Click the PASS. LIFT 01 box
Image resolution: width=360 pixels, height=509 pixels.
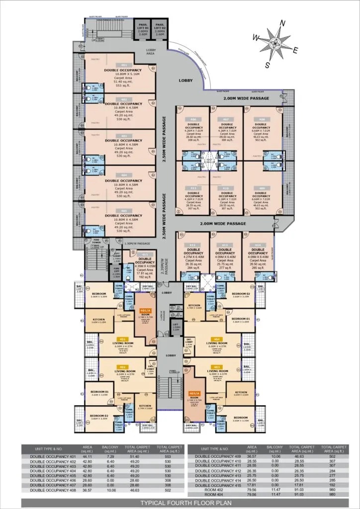click(143, 29)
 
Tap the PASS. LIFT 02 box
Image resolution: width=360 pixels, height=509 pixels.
click(160, 29)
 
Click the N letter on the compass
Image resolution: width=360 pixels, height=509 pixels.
click(282, 23)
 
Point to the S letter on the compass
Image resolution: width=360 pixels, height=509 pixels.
click(268, 65)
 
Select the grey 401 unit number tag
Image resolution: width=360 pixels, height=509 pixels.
click(124, 66)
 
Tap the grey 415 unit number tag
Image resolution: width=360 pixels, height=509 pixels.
click(145, 254)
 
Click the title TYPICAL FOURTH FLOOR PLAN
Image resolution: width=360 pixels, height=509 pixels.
click(180, 502)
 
